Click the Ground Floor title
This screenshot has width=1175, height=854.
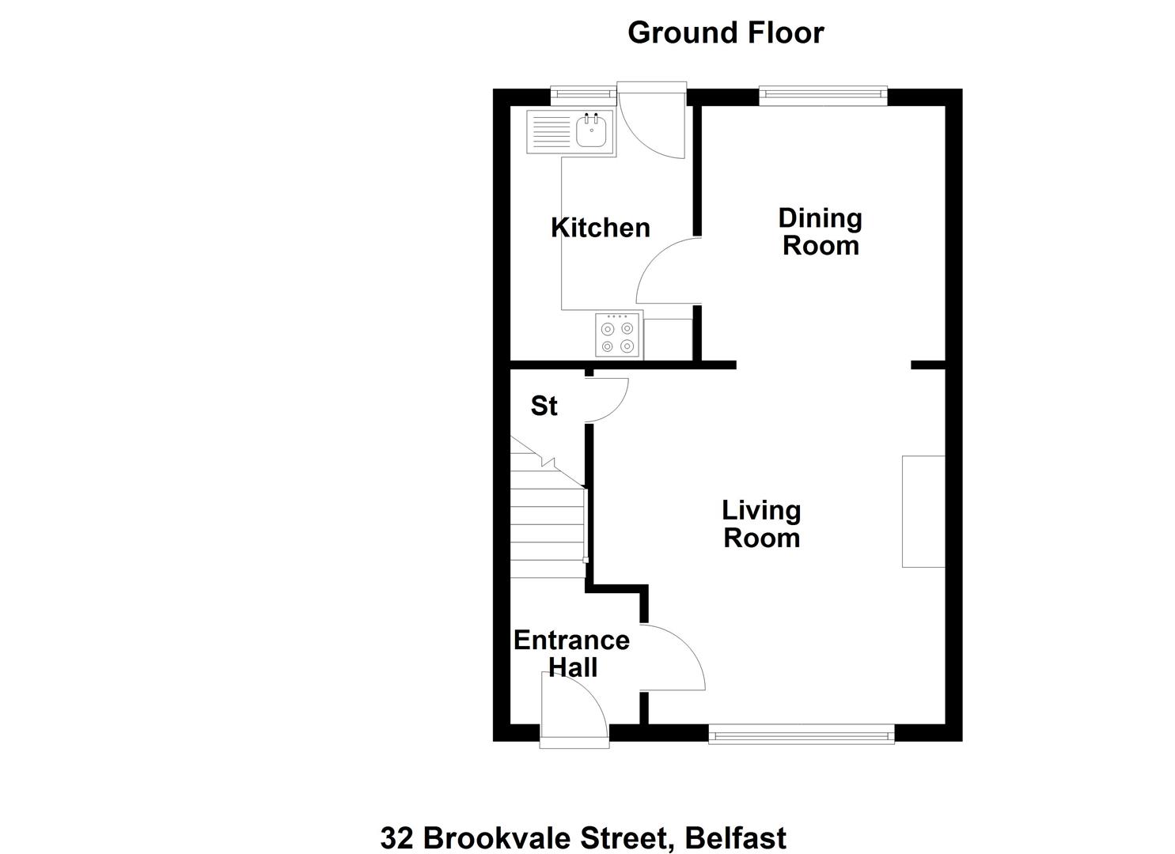(x=726, y=33)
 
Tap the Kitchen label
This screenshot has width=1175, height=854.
(x=600, y=228)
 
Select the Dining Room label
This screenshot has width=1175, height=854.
(x=821, y=232)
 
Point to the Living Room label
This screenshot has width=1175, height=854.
(x=762, y=524)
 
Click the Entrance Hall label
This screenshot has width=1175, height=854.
(x=572, y=654)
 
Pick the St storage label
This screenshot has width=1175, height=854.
(x=544, y=406)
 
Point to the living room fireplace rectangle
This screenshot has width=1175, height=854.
(x=923, y=512)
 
